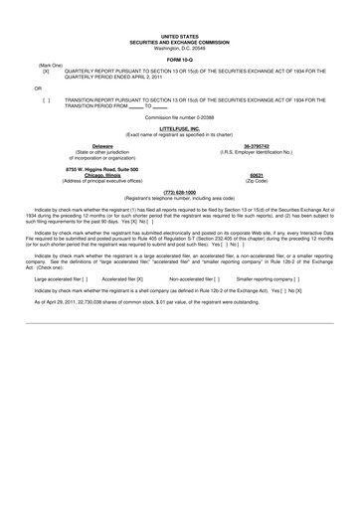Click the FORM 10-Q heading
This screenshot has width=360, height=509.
179,61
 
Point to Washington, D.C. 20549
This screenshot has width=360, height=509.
179,48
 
